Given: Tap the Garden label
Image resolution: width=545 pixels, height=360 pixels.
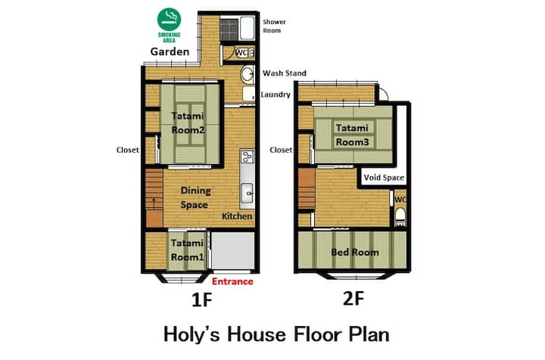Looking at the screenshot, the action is pyautogui.click(x=170, y=51).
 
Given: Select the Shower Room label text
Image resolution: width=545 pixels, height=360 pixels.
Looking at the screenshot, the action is pyautogui.click(x=274, y=26).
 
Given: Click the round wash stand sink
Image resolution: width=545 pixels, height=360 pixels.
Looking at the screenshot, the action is pyautogui.click(x=248, y=74).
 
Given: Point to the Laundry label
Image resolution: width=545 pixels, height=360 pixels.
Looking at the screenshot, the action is pyautogui.click(x=276, y=95).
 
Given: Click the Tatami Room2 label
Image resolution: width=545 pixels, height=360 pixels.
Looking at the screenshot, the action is pyautogui.click(x=188, y=123).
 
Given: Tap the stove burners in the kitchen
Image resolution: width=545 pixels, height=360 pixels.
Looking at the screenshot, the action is pyautogui.click(x=247, y=157).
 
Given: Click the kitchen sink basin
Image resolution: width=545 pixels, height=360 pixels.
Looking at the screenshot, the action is pyautogui.click(x=247, y=193).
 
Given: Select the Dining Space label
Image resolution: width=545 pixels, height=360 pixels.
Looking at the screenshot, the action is pyautogui.click(x=195, y=197).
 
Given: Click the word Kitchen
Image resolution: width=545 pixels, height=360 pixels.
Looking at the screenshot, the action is pyautogui.click(x=237, y=216).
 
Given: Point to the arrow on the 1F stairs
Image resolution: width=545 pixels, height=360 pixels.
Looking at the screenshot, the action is pyautogui.click(x=154, y=202).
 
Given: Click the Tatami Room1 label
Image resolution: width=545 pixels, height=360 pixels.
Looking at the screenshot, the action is pyautogui.click(x=187, y=250).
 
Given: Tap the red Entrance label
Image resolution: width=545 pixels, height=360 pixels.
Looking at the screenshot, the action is pyautogui.click(x=232, y=281).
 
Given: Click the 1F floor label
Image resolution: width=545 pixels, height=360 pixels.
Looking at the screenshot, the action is pyautogui.click(x=201, y=299).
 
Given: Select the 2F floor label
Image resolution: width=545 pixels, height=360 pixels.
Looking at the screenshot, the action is pyautogui.click(x=353, y=298).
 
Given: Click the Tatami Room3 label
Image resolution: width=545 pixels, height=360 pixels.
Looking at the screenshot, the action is pyautogui.click(x=352, y=135).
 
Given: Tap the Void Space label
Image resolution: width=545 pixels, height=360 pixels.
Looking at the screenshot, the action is pyautogui.click(x=384, y=178).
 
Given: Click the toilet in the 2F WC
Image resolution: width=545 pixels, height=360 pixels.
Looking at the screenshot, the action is pyautogui.click(x=400, y=215).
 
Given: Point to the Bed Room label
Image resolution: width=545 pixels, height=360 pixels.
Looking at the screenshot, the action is pyautogui.click(x=355, y=252).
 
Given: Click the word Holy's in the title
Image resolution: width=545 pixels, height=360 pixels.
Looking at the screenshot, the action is pyautogui.click(x=192, y=334).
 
